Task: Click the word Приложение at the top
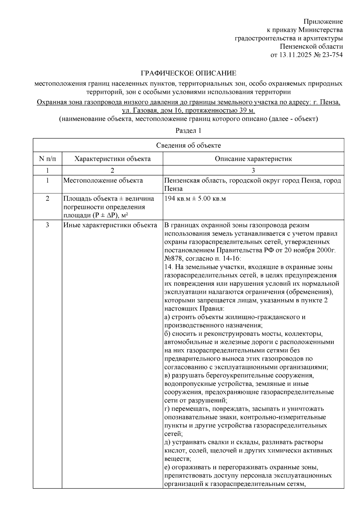coord(323,22)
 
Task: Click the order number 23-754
coord(332,55)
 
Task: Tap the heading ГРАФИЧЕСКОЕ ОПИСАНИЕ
coord(189,73)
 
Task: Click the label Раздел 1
coord(188,131)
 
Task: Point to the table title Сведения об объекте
coord(188,146)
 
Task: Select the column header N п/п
coord(47,159)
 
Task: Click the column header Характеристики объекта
coord(112,159)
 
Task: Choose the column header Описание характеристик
coord(253,159)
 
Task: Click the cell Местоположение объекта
coord(103,180)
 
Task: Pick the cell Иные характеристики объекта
coord(110,225)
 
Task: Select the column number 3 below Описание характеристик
coord(253,171)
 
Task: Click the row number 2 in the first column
coord(47,199)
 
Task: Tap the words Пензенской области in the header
coord(311,46)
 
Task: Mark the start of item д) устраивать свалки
coord(168,442)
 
